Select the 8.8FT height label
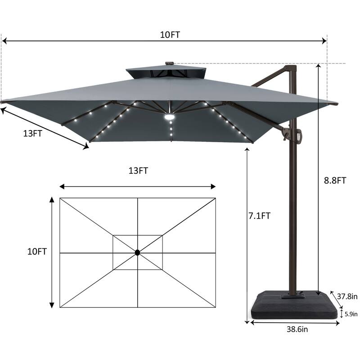pyautogui.click(x=335, y=180)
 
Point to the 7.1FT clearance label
pyautogui.click(x=260, y=216)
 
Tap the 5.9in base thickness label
pyautogui.click(x=351, y=314)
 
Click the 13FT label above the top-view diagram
pyautogui.click(x=138, y=171)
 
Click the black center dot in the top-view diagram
pyautogui.click(x=137, y=253)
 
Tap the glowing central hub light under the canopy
pyautogui.click(x=170, y=117)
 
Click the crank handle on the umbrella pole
pyautogui.click(x=299, y=136)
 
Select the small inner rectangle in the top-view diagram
pyautogui.click(x=137, y=252)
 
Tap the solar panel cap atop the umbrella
pyautogui.click(x=169, y=63)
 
